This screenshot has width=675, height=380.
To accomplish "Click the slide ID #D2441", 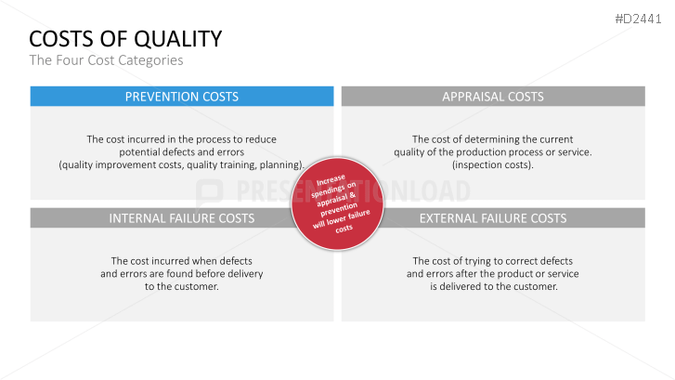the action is coord(638,19).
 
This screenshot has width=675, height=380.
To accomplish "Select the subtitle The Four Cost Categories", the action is coord(106,60).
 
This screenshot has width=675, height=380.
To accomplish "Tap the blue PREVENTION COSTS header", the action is coord(182,96).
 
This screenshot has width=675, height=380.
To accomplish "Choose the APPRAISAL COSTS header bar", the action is coord(493,96).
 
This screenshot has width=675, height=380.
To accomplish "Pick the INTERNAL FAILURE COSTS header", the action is coord(182,218).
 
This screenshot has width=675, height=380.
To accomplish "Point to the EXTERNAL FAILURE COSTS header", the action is coord(493,218).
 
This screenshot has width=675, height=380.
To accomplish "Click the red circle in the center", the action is coord(338,203).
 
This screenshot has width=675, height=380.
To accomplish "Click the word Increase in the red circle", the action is coord(331,180).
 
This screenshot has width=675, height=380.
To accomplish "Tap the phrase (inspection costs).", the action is coord(492,164).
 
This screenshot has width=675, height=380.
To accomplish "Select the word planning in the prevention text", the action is coord(279,164).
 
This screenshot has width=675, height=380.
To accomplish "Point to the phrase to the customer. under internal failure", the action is coord(182,286).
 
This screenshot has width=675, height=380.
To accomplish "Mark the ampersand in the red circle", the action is coord(353,195).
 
